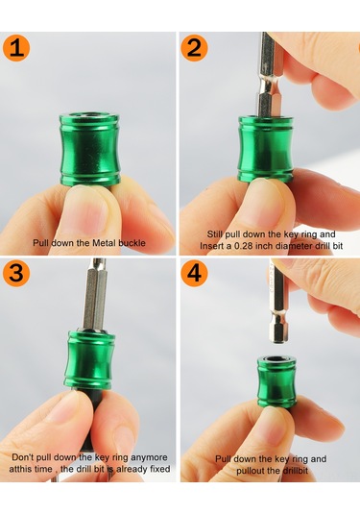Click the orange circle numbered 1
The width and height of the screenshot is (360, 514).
[16, 47]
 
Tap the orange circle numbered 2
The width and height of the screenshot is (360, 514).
[194, 47]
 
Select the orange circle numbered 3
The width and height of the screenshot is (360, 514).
[16, 273]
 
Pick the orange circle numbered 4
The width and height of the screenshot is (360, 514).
[194, 273]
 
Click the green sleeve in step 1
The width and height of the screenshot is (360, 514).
[89, 150]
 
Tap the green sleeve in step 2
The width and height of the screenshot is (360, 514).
[266, 149]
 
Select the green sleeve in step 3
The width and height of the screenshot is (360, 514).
[89, 360]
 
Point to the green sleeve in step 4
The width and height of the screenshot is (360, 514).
[276, 382]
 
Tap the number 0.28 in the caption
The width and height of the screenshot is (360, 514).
[244, 246]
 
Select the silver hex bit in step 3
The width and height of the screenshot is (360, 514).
[95, 294]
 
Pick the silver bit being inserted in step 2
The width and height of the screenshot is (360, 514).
[269, 75]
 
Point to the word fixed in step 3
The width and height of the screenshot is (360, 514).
[160, 469]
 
